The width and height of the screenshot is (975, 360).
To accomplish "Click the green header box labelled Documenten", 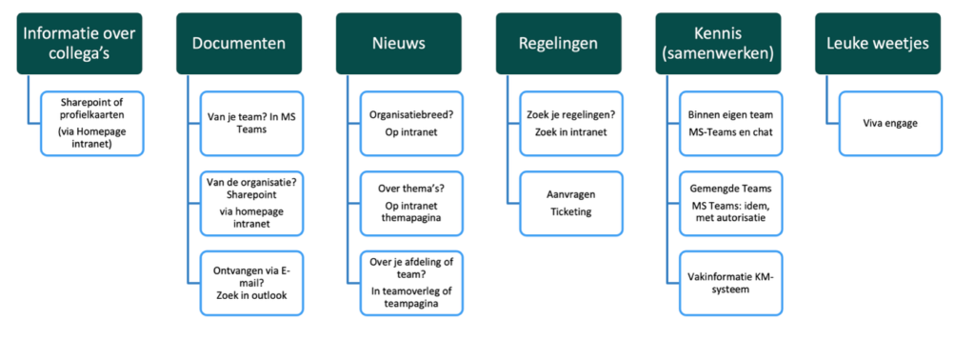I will click(239, 43).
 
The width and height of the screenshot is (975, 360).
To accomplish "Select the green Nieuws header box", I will click(398, 43).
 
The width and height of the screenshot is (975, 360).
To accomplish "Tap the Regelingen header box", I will click(558, 43).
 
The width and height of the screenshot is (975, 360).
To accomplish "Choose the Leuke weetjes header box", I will click(878, 43).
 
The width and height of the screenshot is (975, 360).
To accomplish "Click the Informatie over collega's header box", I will click(79, 43).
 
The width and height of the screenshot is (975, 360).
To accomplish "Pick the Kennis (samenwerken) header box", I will click(718, 43).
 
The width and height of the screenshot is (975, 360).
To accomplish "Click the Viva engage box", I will click(890, 124).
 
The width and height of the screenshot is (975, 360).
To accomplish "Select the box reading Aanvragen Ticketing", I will click(571, 202).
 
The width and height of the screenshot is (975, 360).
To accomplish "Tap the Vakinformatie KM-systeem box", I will click(730, 283).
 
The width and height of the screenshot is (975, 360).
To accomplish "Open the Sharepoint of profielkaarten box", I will click(92, 124).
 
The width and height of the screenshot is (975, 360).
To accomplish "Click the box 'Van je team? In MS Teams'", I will click(251, 124).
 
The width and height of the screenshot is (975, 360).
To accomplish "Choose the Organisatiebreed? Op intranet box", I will click(410, 124).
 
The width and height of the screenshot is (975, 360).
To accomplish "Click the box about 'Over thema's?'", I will click(410, 202).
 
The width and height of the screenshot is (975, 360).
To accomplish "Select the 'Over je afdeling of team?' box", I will click(410, 283).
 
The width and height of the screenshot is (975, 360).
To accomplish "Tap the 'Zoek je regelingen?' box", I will click(571, 124).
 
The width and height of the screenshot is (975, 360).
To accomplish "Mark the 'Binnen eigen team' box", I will click(730, 124).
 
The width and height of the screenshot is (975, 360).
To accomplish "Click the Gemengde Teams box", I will click(730, 202).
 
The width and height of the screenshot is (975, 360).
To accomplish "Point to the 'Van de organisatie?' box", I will click(251, 202).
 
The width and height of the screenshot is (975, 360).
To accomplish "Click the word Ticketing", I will click(570, 211).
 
